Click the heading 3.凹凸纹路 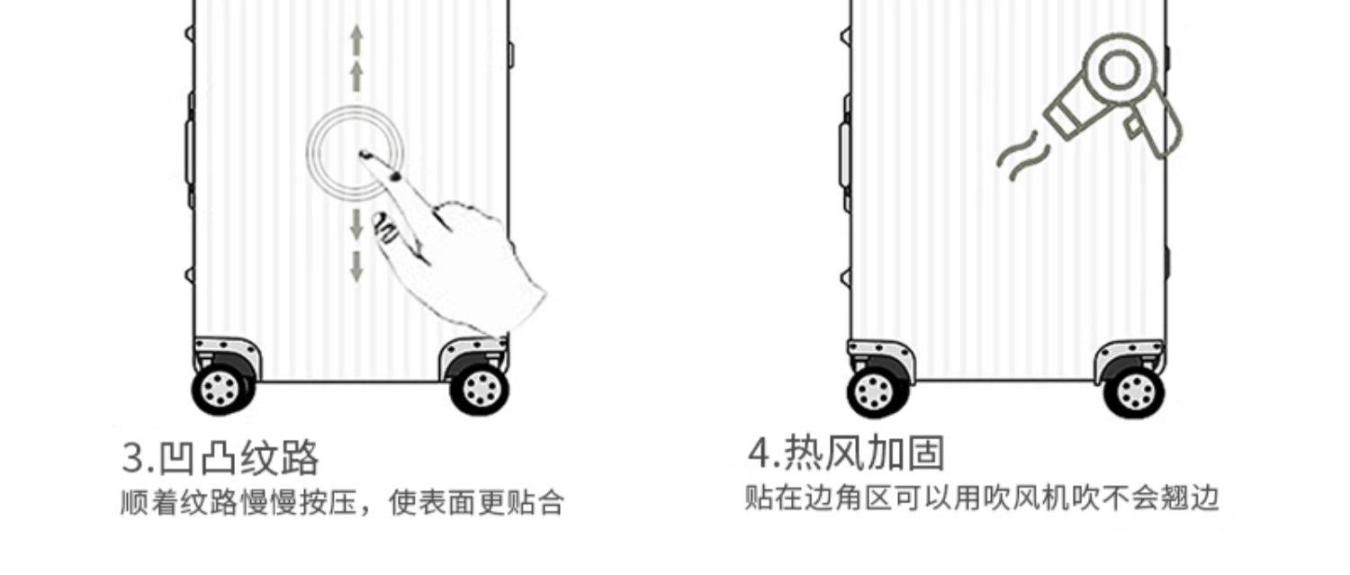point(220,458)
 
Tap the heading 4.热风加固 point(847,453)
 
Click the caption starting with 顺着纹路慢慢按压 point(342,503)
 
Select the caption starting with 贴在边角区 point(981,498)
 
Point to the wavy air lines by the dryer point(1021,157)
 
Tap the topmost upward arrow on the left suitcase point(356,40)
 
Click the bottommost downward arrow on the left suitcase point(356,266)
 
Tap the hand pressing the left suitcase point(468,261)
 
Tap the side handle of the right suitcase point(845,153)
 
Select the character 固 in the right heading point(925,453)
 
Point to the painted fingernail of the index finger point(394,175)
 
